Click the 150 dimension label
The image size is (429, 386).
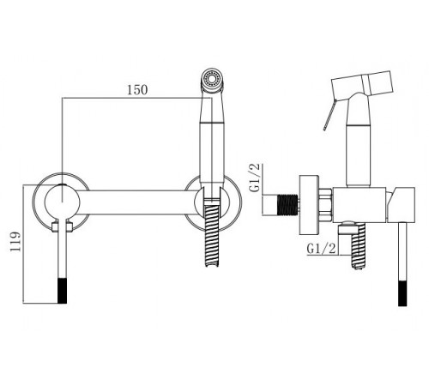(x=137, y=90)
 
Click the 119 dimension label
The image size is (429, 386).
(x=15, y=241)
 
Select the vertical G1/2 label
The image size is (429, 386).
(x=255, y=178)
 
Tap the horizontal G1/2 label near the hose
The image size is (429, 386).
(x=321, y=249)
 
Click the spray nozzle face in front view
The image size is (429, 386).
(x=212, y=77)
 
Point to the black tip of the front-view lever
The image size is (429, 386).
(x=63, y=290)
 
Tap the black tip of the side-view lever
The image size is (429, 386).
(x=402, y=293)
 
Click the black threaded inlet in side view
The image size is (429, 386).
(x=287, y=204)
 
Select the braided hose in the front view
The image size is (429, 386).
(x=212, y=235)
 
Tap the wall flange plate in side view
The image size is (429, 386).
(x=309, y=205)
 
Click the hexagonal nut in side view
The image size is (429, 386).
(x=326, y=205)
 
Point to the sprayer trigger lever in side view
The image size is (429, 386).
(x=329, y=114)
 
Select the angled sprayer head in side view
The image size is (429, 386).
(x=362, y=83)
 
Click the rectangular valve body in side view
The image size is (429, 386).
(x=360, y=205)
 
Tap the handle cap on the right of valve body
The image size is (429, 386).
(x=401, y=205)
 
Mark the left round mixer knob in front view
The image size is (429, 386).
(x=62, y=202)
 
